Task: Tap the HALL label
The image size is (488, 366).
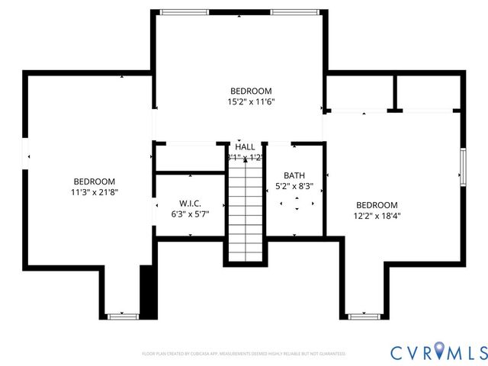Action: [246, 146]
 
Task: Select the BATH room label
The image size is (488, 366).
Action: [294, 175]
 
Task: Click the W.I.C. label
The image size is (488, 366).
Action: [190, 204]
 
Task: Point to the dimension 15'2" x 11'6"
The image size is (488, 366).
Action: [251, 101]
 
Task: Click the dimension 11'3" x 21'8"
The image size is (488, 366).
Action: [95, 192]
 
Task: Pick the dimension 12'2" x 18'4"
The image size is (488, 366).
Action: [377, 216]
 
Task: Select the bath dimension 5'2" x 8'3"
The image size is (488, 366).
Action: [294, 186]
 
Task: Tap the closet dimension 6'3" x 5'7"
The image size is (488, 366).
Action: [190, 214]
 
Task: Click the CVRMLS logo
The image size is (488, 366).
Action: [438, 352]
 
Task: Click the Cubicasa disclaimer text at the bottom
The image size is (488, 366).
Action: [244, 354]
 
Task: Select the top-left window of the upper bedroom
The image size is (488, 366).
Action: [184, 11]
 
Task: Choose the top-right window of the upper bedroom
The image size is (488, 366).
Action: [295, 11]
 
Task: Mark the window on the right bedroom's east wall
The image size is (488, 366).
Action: [462, 167]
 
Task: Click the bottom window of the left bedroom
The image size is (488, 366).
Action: [122, 316]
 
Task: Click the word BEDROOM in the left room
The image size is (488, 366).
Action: [95, 181]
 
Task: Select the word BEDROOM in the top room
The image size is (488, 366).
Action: [251, 91]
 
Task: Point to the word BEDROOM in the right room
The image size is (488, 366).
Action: [377, 205]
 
